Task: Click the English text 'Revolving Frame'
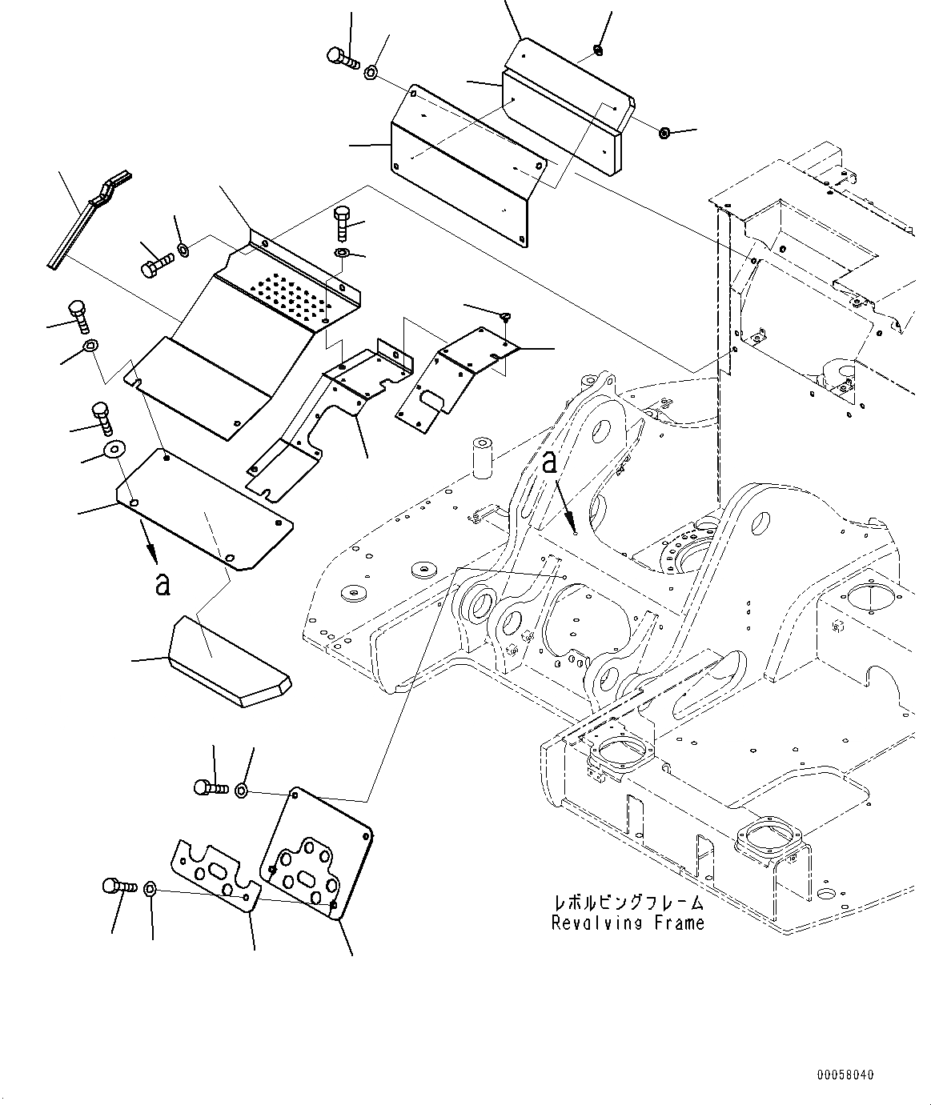point(628,923)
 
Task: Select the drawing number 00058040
point(845,1074)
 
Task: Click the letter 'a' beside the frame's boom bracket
point(549,463)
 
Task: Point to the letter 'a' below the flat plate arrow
point(163,584)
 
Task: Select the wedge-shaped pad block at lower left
point(229,661)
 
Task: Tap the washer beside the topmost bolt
point(372,74)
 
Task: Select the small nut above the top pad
point(597,52)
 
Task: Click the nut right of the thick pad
point(664,132)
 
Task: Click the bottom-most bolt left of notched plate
point(115,887)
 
